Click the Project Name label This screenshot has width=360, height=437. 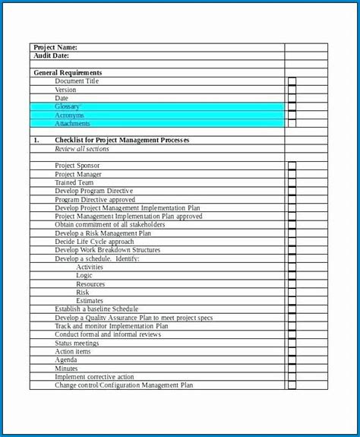[x=55, y=47]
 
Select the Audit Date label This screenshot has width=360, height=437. [x=52, y=55]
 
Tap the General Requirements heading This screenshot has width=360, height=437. [x=68, y=73]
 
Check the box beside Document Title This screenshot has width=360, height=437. [x=292, y=81]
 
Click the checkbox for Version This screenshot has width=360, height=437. [x=292, y=90]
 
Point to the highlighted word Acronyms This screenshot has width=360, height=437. [x=69, y=116]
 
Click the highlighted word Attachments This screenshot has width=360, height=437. [x=72, y=124]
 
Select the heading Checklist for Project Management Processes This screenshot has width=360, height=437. [x=122, y=141]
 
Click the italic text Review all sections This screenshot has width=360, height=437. [x=81, y=149]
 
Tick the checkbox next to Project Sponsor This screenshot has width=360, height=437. [x=292, y=166]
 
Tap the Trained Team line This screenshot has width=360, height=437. [x=74, y=182]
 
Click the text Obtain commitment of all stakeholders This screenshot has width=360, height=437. [x=109, y=225]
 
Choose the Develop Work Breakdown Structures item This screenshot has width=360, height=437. [x=107, y=250]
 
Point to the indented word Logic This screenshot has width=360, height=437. [x=84, y=275]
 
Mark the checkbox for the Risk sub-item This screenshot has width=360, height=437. [x=292, y=293]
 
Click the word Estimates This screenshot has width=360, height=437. [x=90, y=301]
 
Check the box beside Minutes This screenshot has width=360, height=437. [x=292, y=369]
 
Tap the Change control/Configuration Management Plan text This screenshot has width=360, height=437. [x=124, y=385]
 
